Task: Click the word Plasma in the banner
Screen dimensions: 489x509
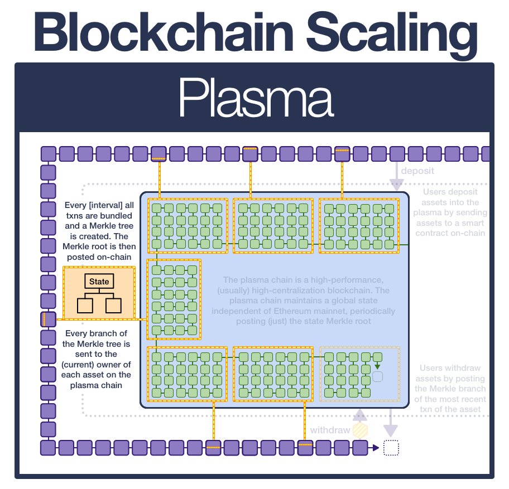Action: [255, 99]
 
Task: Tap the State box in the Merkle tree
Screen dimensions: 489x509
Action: [99, 282]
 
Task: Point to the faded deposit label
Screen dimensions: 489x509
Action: [417, 171]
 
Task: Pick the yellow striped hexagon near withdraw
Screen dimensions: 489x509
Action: [361, 430]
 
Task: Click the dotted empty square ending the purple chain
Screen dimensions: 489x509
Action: [392, 448]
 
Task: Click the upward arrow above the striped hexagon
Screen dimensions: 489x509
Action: [361, 414]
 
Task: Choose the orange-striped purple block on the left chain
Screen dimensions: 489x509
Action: [49, 319]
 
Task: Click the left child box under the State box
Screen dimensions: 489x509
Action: [85, 305]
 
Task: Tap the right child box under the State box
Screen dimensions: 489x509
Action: [113, 305]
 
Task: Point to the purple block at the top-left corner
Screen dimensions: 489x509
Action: [49, 153]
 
